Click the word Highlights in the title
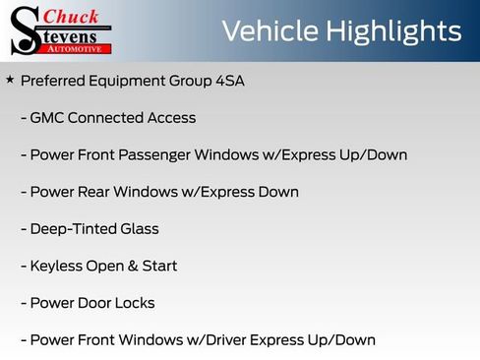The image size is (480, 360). tap(397, 32)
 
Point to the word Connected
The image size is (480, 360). tap(105, 118)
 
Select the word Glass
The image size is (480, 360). tap(139, 229)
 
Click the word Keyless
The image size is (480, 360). tap(57, 267)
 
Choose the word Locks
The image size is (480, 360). tap(134, 303)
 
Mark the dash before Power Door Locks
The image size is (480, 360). tap(24, 303)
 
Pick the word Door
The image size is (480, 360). tap(91, 303)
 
